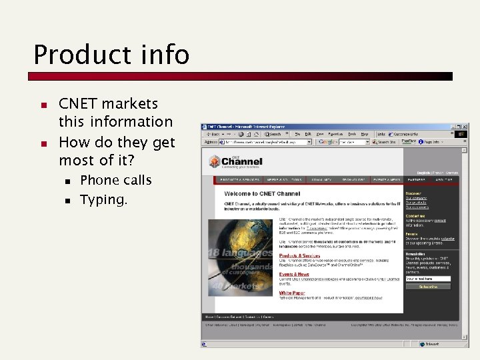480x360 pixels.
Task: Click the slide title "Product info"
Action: pyautogui.click(x=111, y=55)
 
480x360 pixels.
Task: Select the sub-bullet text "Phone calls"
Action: pyautogui.click(x=115, y=180)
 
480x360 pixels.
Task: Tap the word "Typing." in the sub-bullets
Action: pyautogui.click(x=103, y=199)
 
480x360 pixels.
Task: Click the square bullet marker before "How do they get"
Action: pyautogui.click(x=42, y=143)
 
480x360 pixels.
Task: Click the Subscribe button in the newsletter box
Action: pyautogui.click(x=428, y=287)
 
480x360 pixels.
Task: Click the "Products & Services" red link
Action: pyautogui.click(x=299, y=255)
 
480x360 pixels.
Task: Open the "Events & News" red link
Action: pyautogui.click(x=294, y=274)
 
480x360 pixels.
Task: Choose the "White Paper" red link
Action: pyautogui.click(x=292, y=293)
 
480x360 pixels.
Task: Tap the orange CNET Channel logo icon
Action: pyautogui.click(x=215, y=161)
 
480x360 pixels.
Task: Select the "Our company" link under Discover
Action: pyautogui.click(x=417, y=198)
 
